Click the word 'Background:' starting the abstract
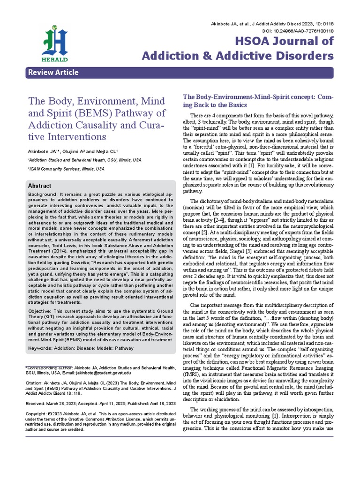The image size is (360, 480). pyautogui.click(x=42, y=194)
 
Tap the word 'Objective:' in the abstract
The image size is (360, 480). pyautogui.click(x=41, y=311)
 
